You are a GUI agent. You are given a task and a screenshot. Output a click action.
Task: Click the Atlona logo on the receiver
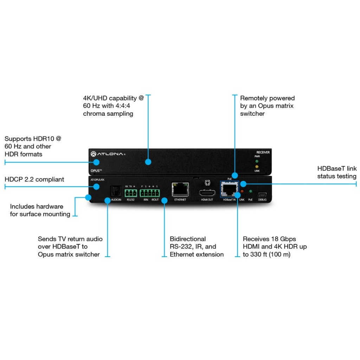(x=108, y=154)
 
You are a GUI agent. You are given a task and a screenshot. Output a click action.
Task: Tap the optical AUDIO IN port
(x=116, y=191)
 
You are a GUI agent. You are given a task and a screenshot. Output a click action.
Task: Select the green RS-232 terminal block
(x=131, y=193)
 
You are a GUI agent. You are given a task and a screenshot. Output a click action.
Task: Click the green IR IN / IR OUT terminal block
(x=150, y=193)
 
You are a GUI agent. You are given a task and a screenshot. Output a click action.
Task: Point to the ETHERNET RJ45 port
(x=180, y=189)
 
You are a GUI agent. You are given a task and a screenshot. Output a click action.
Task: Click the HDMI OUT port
(x=207, y=192)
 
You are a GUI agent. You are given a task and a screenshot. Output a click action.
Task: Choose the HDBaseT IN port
(x=229, y=189)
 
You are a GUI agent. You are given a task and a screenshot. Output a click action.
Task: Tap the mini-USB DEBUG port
(x=262, y=195)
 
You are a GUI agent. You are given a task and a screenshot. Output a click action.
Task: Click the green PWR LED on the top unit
(x=257, y=161)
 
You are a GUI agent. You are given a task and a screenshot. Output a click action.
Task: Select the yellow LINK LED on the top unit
(x=257, y=166)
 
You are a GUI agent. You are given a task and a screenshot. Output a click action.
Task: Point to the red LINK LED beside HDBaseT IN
(x=242, y=191)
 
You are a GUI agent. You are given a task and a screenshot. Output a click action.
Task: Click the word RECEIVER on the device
(x=263, y=152)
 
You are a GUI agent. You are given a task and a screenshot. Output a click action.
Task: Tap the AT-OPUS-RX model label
(x=97, y=180)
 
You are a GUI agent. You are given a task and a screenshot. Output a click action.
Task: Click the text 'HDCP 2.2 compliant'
(x=34, y=179)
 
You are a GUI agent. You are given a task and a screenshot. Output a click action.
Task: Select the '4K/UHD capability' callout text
(x=113, y=106)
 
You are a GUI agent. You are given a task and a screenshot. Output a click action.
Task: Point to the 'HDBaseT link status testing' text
(x=337, y=172)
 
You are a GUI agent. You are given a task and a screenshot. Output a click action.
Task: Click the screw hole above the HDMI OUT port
(x=207, y=183)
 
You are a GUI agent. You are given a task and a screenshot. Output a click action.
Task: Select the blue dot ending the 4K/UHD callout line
(x=148, y=162)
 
